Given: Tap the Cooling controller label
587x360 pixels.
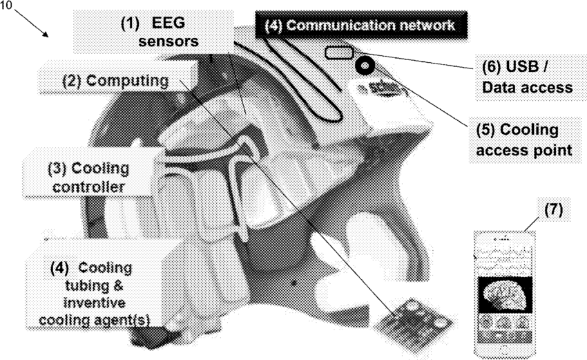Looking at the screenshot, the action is coord(88,177).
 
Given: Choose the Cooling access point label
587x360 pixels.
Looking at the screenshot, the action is coord(526,140).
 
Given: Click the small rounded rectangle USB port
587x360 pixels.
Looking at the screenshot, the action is coord(338,52).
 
